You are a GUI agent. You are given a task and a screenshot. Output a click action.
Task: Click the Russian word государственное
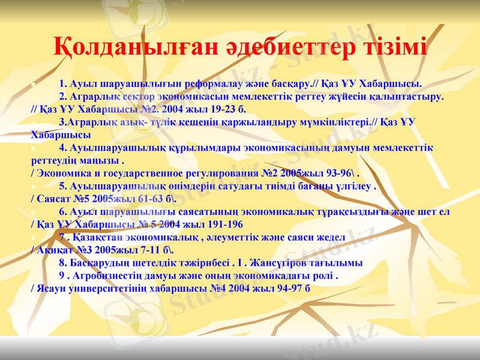(x=139, y=173)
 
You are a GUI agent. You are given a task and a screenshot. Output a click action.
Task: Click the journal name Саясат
(x=54, y=199)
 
